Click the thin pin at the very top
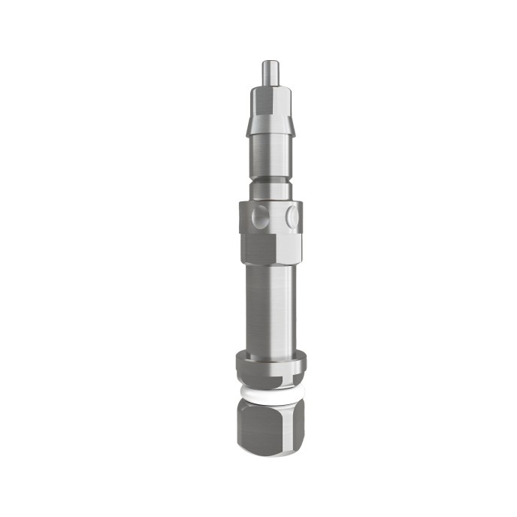(268, 72)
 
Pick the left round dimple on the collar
(258, 217)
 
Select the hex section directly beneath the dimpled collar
(271, 248)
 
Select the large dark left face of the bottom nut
(255, 427)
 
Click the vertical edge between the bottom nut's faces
(277, 427)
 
